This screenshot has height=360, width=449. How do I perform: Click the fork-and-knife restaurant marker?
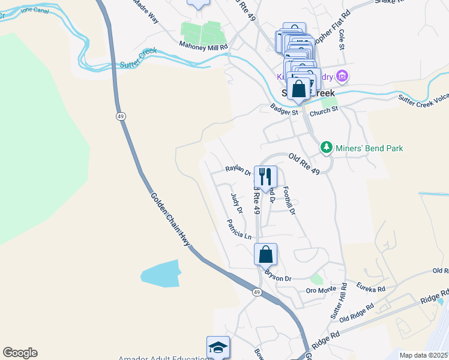(265, 177)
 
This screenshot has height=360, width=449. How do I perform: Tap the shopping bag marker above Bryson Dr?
(265, 254)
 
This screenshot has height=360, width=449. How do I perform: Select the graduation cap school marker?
(218, 347)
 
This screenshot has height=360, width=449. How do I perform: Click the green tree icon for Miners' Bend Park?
(326, 148)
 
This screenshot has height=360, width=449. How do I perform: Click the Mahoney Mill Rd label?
(203, 46)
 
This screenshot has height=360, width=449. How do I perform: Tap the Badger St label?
(284, 110)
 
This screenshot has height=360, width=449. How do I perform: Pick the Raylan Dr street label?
(238, 171)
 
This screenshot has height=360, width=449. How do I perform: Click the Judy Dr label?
(237, 203)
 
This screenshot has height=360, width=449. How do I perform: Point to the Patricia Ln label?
(239, 229)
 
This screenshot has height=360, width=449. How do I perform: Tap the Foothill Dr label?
(289, 200)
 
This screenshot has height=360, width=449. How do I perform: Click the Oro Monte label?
(321, 290)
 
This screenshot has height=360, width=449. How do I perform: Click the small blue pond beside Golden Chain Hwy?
(160, 274)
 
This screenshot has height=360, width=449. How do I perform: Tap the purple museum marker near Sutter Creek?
(342, 76)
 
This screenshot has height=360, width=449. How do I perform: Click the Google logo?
(20, 353)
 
